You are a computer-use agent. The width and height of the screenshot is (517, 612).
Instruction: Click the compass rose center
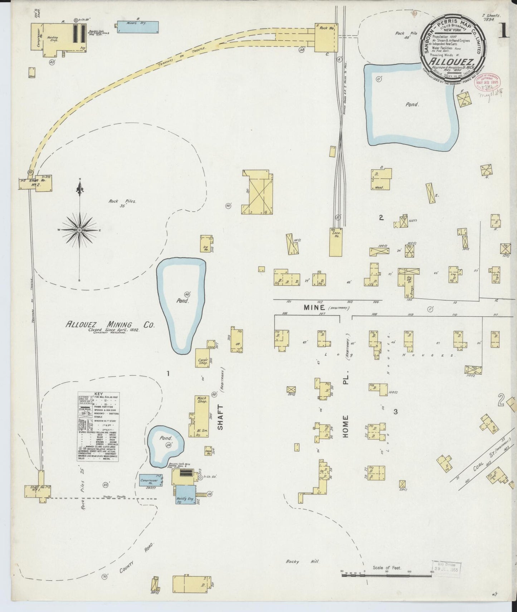point(79,230)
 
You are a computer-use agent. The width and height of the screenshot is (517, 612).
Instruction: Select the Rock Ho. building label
point(324,28)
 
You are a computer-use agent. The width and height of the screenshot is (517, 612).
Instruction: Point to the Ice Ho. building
point(206,244)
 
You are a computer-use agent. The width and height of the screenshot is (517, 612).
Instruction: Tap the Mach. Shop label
point(202,399)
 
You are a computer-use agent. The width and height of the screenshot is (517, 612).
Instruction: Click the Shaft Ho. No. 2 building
point(36,183)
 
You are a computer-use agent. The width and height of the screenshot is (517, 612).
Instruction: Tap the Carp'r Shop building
point(203,361)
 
